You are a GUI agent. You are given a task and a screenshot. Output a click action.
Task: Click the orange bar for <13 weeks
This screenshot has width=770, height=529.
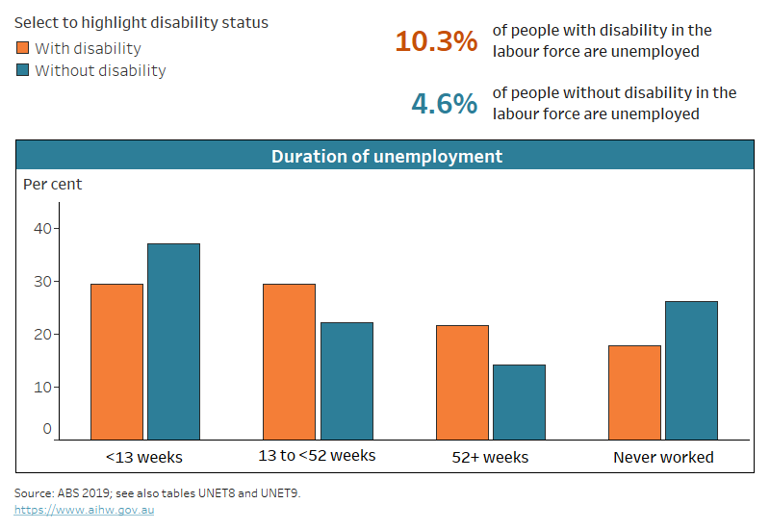pyautogui.click(x=116, y=362)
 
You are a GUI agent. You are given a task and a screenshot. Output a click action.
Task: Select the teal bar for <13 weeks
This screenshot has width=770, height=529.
pyautogui.click(x=173, y=341)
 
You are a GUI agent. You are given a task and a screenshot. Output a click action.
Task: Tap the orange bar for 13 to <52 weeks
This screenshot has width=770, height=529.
pyautogui.click(x=289, y=362)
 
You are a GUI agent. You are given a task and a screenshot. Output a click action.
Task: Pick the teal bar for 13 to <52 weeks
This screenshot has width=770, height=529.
pyautogui.click(x=346, y=381)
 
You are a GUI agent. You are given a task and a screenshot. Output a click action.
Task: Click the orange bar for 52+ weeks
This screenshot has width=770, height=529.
pyautogui.click(x=462, y=383)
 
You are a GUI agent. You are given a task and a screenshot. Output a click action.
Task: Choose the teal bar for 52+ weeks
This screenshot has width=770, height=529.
pyautogui.click(x=519, y=402)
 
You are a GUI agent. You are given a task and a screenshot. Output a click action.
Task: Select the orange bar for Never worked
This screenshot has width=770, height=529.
pyautogui.click(x=634, y=392)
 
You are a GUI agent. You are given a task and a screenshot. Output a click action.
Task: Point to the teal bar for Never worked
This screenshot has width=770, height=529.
pyautogui.click(x=691, y=370)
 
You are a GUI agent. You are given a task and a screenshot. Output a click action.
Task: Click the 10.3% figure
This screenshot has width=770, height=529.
pyautogui.click(x=435, y=41)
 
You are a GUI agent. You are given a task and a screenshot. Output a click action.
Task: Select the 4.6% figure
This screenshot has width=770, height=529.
pyautogui.click(x=444, y=103)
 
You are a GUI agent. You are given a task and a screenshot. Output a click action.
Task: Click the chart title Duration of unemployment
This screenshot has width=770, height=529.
pyautogui.click(x=386, y=156)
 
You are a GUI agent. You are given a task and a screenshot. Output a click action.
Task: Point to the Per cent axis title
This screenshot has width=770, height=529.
pyautogui.click(x=53, y=184)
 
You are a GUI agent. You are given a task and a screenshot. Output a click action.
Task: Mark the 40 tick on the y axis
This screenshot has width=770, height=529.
pyautogui.click(x=42, y=228)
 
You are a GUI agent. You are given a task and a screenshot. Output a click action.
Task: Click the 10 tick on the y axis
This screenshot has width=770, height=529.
pyautogui.click(x=42, y=387)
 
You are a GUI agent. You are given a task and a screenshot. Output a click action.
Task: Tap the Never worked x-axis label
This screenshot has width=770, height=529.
pyautogui.click(x=663, y=457)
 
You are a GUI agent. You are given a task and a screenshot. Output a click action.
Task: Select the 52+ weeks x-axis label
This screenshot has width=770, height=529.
pyautogui.click(x=490, y=457)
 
